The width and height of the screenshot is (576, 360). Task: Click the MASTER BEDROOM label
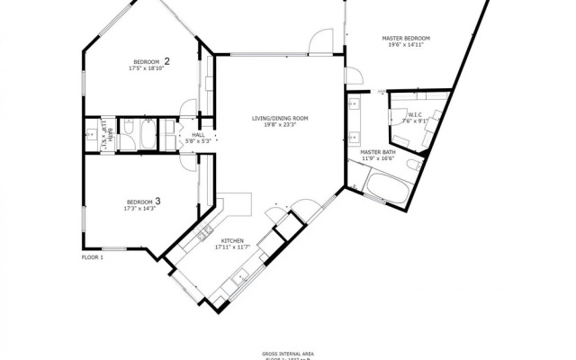point(405,38)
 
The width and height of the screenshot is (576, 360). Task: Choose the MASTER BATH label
point(378,153)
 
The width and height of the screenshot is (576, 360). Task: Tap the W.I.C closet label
point(415,114)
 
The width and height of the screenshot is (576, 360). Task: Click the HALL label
point(198,134)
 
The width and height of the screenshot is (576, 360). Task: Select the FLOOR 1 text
point(93,257)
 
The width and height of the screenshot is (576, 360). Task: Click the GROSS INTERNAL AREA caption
point(288,353)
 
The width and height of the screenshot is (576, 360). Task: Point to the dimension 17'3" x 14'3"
point(141,208)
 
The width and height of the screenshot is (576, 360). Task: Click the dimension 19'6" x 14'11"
point(405,45)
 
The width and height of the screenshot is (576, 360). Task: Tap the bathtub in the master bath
point(388,188)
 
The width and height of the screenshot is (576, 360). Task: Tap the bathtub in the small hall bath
point(148,135)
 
